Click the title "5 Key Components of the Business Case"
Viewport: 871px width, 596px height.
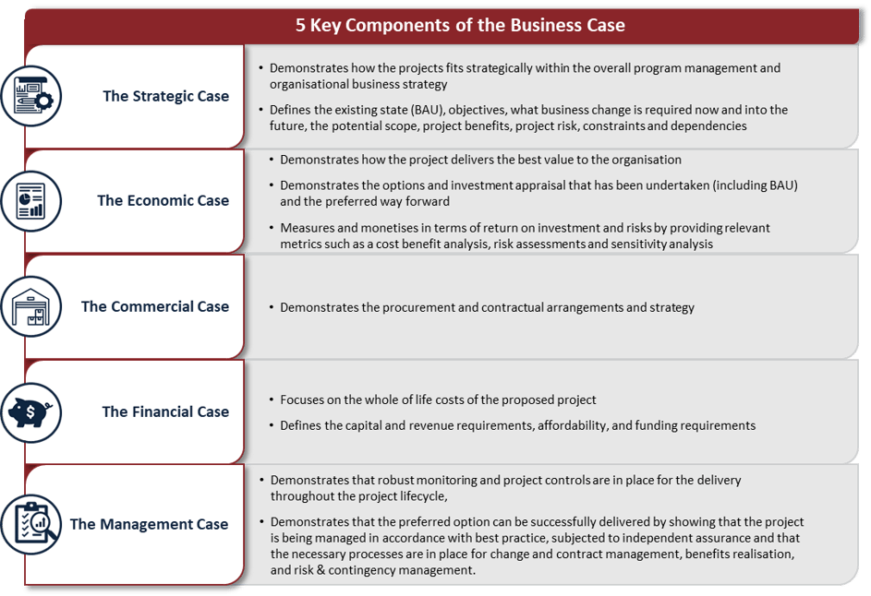coord(459,25)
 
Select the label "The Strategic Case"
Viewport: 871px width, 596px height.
coord(165,96)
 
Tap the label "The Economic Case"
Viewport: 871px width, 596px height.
coord(163,200)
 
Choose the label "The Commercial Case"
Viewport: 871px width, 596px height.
coord(154,306)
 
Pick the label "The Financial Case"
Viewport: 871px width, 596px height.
coord(165,411)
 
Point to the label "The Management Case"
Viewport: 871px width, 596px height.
coord(149,524)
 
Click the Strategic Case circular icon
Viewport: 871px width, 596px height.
coord(31,96)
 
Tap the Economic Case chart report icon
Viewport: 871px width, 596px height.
coord(31,200)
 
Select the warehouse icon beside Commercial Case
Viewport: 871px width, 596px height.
coord(31,306)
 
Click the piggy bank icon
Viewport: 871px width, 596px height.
coord(31,411)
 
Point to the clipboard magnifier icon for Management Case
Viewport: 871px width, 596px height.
coord(31,524)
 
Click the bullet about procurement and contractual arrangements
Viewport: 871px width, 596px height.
coord(487,307)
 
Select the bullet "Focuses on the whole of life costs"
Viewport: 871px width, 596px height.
coord(438,399)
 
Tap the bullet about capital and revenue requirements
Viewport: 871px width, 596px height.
coord(517,425)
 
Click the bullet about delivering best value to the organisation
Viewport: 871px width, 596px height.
coord(480,160)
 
